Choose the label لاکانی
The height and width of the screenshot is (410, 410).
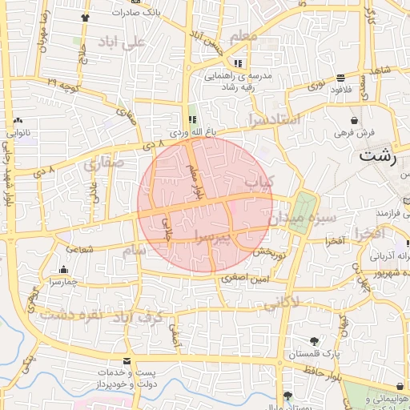pos(281,302)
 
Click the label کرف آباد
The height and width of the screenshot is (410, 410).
pos(145,316)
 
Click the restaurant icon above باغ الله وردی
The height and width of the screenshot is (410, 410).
pos(191,119)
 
